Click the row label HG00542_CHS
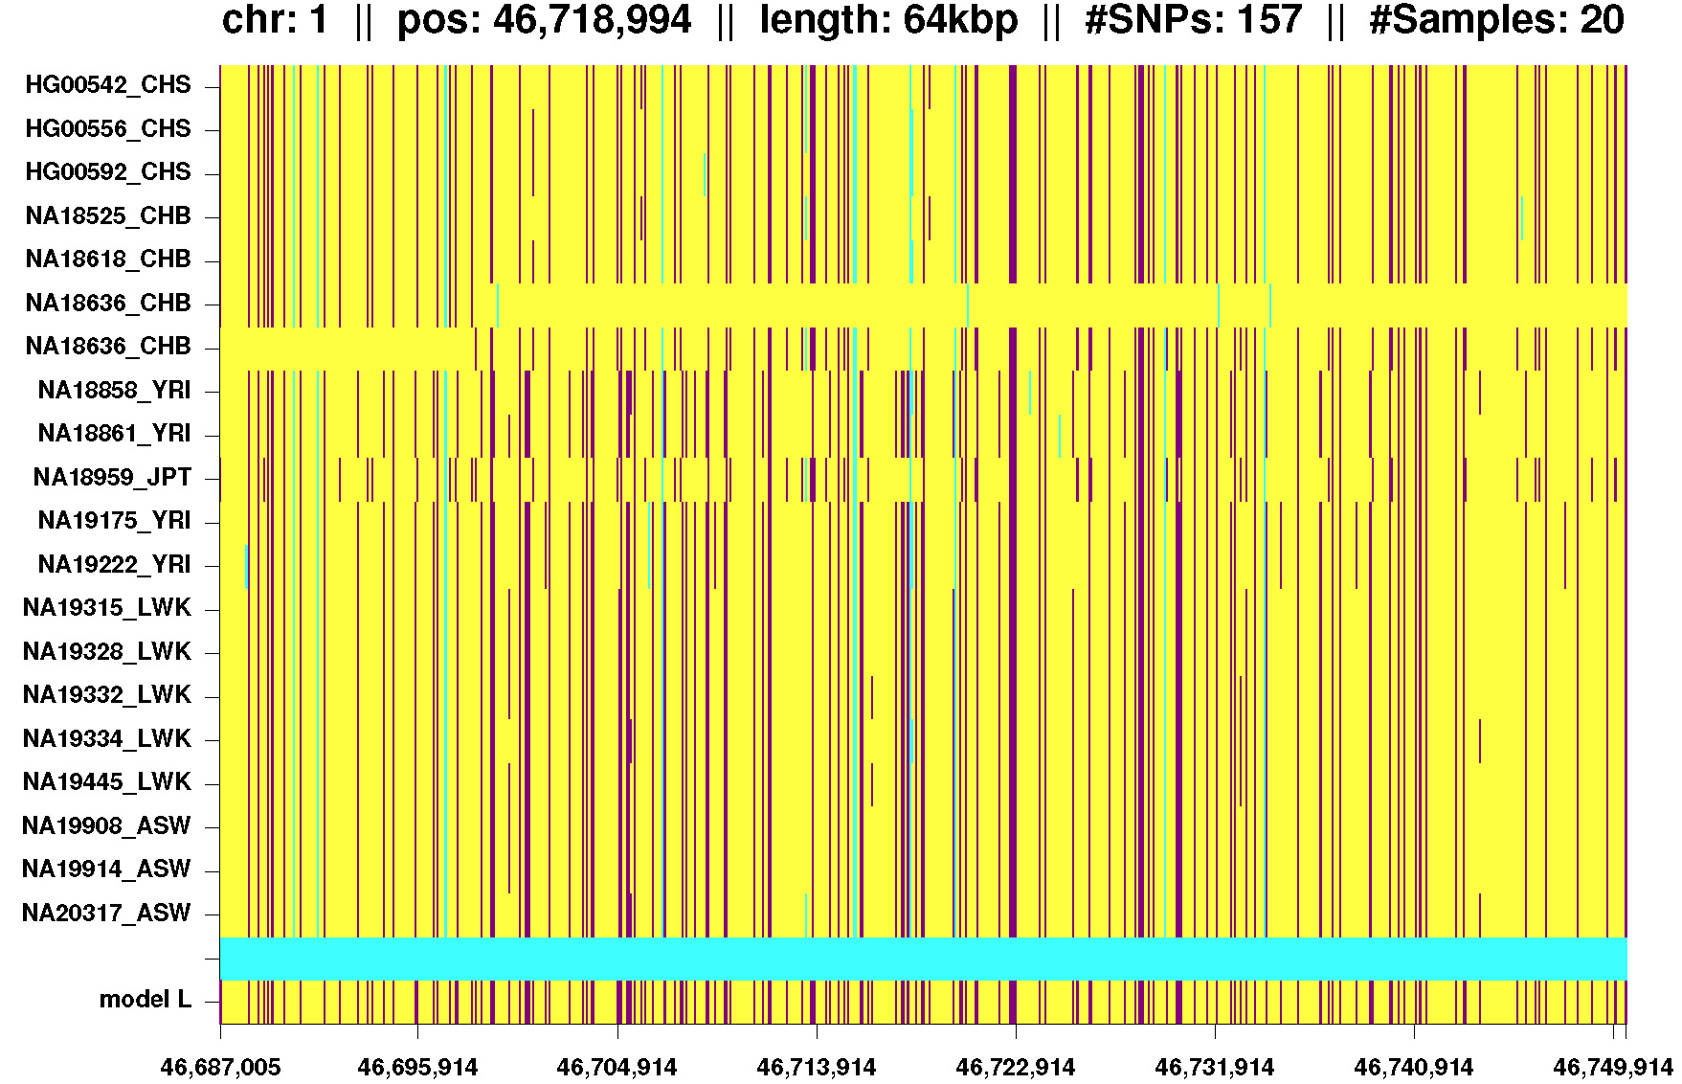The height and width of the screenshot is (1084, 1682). (107, 85)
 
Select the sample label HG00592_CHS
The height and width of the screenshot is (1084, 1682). (107, 172)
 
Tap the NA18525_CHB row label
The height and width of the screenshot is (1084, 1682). (107, 216)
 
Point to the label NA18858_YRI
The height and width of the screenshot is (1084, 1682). (114, 391)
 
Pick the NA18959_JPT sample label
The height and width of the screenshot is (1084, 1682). (112, 478)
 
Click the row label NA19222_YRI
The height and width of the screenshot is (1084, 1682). (114, 565)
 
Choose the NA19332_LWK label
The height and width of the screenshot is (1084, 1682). (106, 695)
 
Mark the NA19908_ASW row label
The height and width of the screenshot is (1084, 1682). (106, 826)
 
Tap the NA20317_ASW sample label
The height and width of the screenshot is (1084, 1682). (106, 914)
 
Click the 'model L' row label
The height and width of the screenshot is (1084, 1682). (145, 1001)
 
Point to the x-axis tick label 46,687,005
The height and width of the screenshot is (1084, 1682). (221, 1068)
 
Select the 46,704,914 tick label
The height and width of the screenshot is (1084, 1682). (617, 1068)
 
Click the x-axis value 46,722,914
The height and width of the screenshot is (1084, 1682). (1016, 1068)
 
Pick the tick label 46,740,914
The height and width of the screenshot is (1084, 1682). (1414, 1068)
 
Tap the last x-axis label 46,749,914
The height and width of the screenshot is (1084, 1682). (1612, 1068)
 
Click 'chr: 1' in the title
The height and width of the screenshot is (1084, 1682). (275, 21)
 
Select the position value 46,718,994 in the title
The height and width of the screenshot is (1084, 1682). (592, 21)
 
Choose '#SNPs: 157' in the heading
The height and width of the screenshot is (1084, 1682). (1193, 21)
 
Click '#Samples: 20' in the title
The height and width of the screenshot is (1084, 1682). (1496, 21)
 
